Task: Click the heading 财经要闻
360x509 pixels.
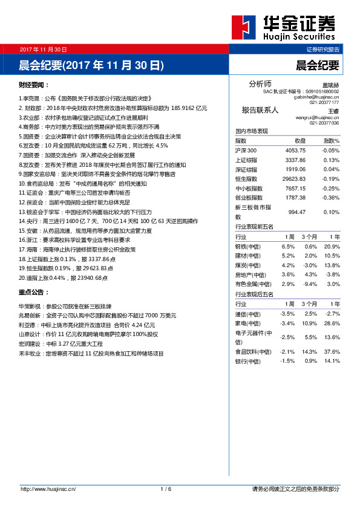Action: coord(34,85)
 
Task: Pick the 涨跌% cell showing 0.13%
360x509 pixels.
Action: coord(331,160)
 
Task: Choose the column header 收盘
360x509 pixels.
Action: coord(299,140)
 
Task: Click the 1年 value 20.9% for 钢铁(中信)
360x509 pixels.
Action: coord(332,247)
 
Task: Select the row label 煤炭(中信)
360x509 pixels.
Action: coord(248,265)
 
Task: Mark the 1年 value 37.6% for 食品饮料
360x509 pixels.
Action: coord(332,351)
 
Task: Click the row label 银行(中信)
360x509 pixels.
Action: coord(248,361)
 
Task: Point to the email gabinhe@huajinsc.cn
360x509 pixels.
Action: coord(316,97)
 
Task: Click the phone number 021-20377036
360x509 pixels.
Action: coord(324,123)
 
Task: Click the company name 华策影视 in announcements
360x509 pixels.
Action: coord(31,306)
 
